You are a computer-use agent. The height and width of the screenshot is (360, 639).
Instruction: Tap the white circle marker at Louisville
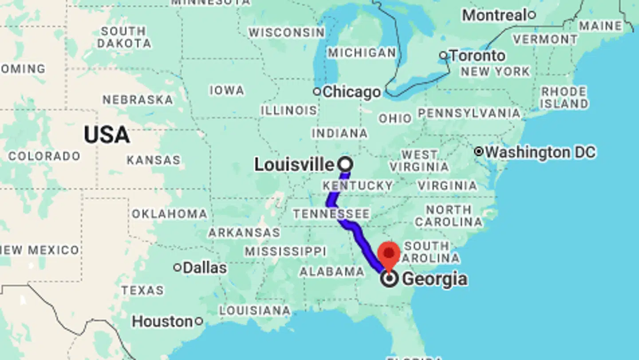point(345,164)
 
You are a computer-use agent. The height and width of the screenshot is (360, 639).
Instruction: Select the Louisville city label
point(294,165)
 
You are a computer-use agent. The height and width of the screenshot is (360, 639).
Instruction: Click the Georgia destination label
point(434,279)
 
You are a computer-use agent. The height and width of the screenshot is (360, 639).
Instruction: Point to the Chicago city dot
point(317,92)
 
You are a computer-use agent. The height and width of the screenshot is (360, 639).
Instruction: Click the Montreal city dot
point(531,15)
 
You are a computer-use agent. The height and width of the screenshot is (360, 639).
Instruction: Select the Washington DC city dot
point(478,152)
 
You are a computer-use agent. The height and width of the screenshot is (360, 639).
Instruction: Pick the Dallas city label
point(205,268)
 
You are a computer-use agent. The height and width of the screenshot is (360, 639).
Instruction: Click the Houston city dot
point(199,321)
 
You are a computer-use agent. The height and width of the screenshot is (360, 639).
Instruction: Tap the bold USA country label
point(106,135)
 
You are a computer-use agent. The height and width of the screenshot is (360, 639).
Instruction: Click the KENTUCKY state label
point(358,185)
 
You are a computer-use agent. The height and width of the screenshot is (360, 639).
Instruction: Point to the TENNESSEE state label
point(331,214)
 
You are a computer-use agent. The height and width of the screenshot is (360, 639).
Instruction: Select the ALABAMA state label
point(331,272)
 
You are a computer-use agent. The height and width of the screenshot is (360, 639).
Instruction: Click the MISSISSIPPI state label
point(285,251)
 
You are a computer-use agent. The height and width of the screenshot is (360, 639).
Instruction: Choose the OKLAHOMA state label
point(169,214)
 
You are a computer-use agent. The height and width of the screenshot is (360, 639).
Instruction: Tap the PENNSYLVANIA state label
point(469,113)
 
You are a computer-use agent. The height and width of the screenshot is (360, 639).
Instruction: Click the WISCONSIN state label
point(286,32)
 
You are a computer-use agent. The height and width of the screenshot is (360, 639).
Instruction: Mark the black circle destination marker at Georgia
point(389,279)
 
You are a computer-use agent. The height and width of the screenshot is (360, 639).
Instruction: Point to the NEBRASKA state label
point(138,99)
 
